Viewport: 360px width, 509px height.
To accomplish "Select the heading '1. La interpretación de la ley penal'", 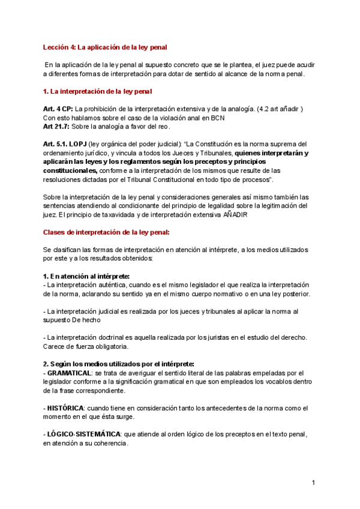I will pos(98,91).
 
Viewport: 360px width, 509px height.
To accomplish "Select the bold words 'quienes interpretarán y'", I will pos(271,153).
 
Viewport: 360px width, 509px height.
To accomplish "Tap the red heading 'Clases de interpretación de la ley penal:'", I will pos(106,232).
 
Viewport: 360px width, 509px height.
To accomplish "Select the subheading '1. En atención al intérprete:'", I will pos(86,276).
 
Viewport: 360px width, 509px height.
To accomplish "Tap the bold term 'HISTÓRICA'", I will pos(65,408).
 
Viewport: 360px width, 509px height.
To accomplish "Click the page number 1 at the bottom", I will pos(313,483).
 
